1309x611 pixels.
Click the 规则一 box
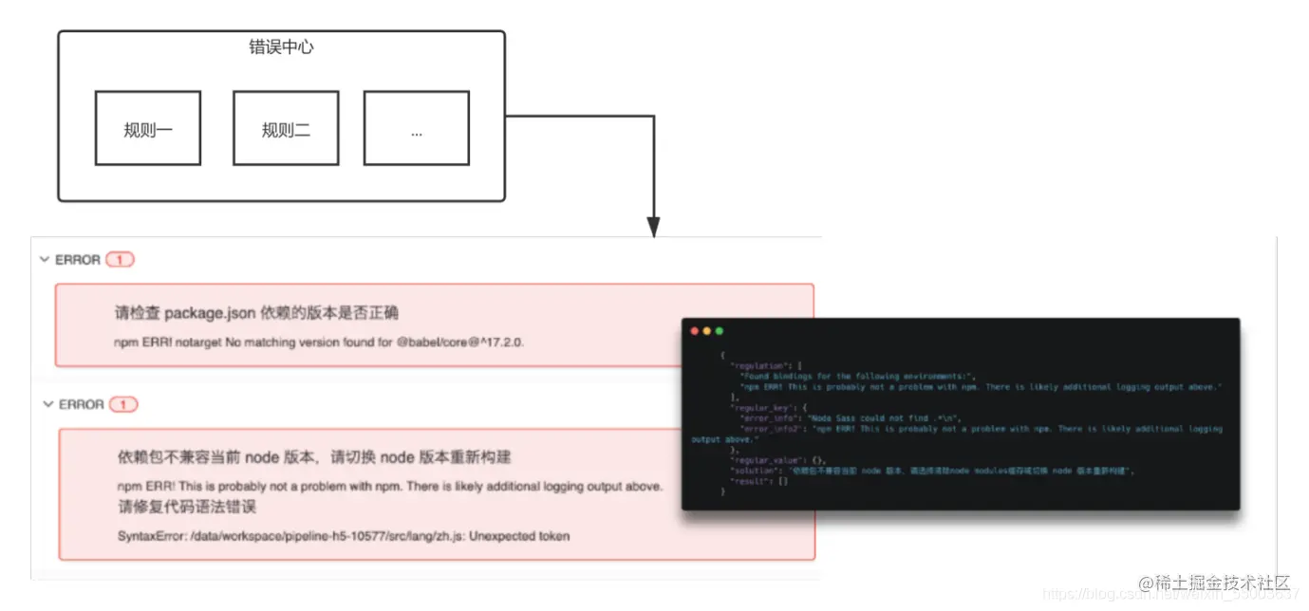(147, 128)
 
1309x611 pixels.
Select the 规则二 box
(286, 128)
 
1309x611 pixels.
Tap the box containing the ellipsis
(416, 128)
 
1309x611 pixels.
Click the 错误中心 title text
(281, 46)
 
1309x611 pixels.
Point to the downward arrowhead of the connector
(653, 228)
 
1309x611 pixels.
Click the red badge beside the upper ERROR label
(120, 260)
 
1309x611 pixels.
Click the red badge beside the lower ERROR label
(123, 404)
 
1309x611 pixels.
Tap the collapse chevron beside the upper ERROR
(45, 259)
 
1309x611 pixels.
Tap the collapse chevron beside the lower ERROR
(47, 404)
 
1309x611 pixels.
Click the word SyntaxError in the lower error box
(151, 536)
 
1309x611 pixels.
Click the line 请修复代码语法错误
(187, 507)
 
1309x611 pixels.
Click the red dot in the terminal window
(695, 331)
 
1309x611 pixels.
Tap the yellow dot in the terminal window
(707, 331)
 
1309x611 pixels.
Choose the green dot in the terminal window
(720, 331)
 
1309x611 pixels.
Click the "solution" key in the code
(754, 471)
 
